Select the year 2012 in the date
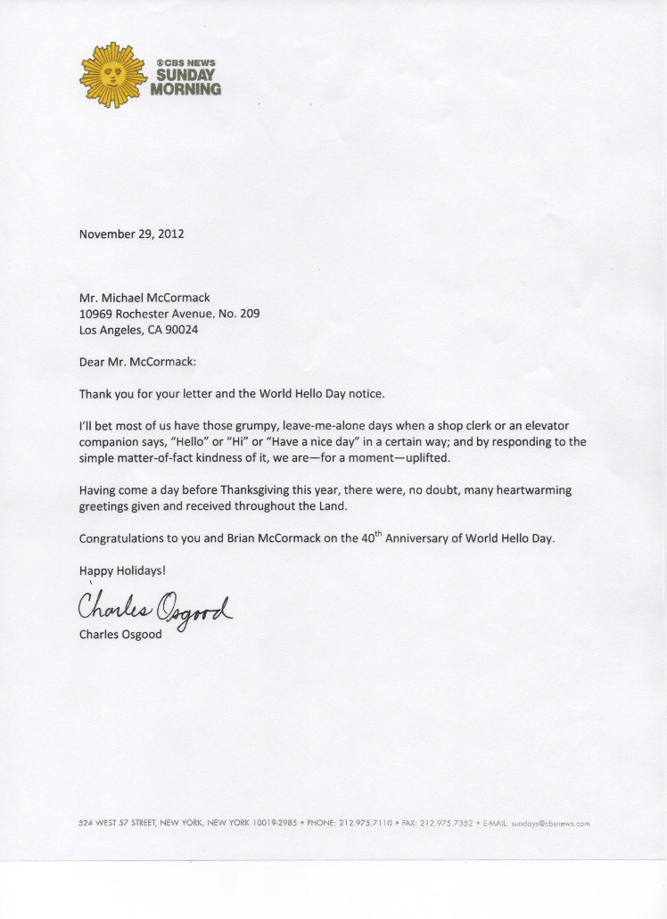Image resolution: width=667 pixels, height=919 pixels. tap(169, 234)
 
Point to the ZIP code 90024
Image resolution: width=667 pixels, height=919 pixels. tap(179, 329)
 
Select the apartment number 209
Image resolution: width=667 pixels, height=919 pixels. tap(249, 313)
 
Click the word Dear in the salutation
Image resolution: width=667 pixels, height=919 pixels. tap(93, 362)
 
